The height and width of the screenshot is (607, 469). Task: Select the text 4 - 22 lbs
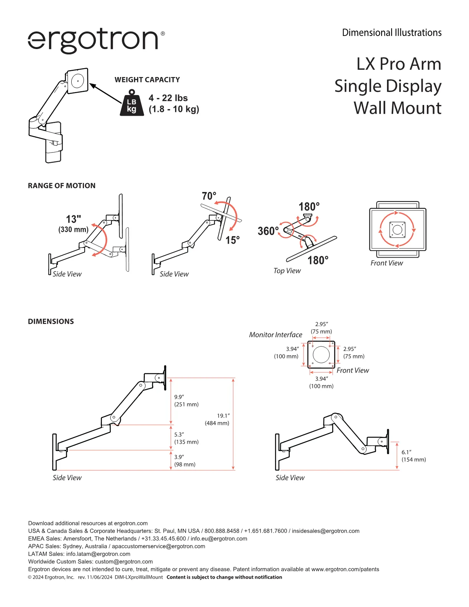click(168, 98)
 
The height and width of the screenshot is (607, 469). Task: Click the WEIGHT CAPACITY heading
click(147, 80)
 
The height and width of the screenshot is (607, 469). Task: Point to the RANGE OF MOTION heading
click(62, 185)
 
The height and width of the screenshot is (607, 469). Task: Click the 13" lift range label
click(74, 219)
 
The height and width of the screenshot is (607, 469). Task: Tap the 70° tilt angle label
click(209, 196)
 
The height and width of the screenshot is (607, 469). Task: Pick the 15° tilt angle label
click(233, 240)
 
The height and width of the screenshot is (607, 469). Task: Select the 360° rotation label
click(268, 231)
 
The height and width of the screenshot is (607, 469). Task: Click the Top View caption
click(287, 271)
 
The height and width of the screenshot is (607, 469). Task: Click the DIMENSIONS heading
click(51, 321)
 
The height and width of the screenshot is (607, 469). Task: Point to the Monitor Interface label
click(275, 335)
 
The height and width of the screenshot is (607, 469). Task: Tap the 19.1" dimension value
click(223, 416)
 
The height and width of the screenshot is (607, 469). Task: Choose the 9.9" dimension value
click(179, 397)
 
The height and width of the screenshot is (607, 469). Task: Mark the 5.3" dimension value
click(179, 435)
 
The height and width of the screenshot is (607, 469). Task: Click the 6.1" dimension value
click(407, 452)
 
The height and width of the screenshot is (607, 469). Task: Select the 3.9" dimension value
click(179, 457)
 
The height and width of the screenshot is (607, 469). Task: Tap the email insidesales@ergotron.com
click(326, 531)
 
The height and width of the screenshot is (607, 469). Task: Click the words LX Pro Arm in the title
click(399, 64)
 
